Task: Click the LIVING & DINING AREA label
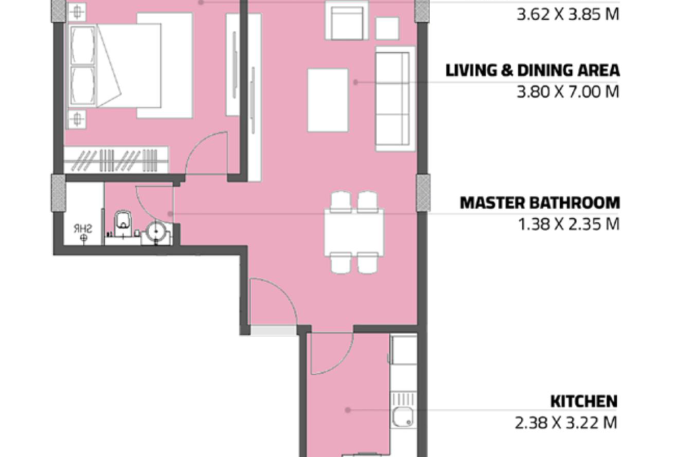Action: click(532, 70)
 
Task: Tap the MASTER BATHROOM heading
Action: click(540, 203)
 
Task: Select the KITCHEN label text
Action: click(583, 401)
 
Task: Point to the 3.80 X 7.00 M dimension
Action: click(568, 92)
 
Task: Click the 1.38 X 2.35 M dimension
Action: click(568, 225)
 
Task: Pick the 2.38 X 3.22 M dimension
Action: click(566, 423)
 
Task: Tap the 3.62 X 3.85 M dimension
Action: click(568, 15)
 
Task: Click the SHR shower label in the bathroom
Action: click(83, 228)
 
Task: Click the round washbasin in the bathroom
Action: click(156, 231)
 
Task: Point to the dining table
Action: click(354, 232)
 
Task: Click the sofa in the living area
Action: click(395, 98)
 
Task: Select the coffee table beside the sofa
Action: click(328, 100)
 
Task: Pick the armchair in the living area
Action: click(347, 20)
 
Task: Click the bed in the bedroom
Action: click(129, 65)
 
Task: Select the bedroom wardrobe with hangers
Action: click(116, 160)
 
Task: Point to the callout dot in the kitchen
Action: click(347, 410)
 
